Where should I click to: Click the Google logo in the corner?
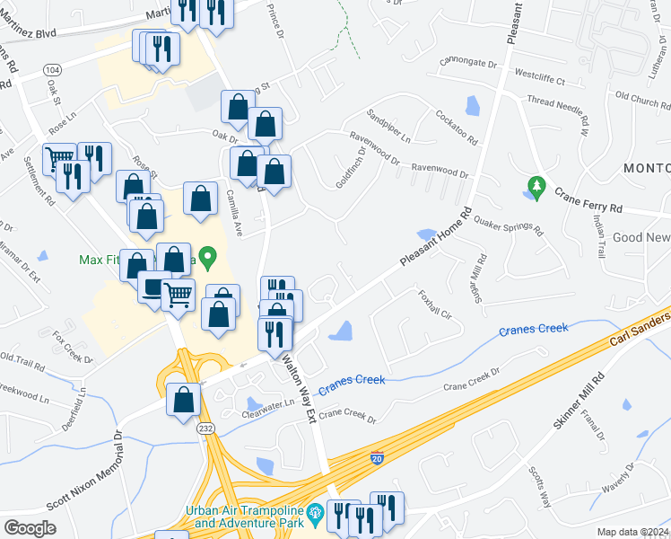30,528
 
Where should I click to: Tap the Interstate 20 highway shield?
378,459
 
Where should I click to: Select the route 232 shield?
205,430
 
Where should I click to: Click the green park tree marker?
537,187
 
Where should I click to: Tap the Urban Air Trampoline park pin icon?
315,515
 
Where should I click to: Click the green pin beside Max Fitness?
209,259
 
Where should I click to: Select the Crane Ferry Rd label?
588,200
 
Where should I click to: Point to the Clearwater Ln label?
268,414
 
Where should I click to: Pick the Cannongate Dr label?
467,64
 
